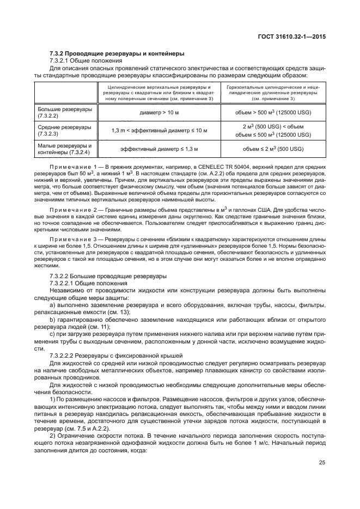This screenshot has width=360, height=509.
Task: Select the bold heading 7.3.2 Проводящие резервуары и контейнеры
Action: pos(117,53)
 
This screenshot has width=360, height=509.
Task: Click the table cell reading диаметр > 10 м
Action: pos(159,113)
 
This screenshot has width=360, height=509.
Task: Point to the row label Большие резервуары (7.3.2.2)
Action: pos(65,113)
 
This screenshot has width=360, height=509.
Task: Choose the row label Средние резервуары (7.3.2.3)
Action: pos(65,131)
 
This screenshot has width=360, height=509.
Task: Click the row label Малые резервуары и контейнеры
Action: pos(65,149)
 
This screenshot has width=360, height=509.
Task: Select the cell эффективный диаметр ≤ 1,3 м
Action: pos(159,149)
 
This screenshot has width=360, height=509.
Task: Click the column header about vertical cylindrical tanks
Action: pos(159,93)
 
